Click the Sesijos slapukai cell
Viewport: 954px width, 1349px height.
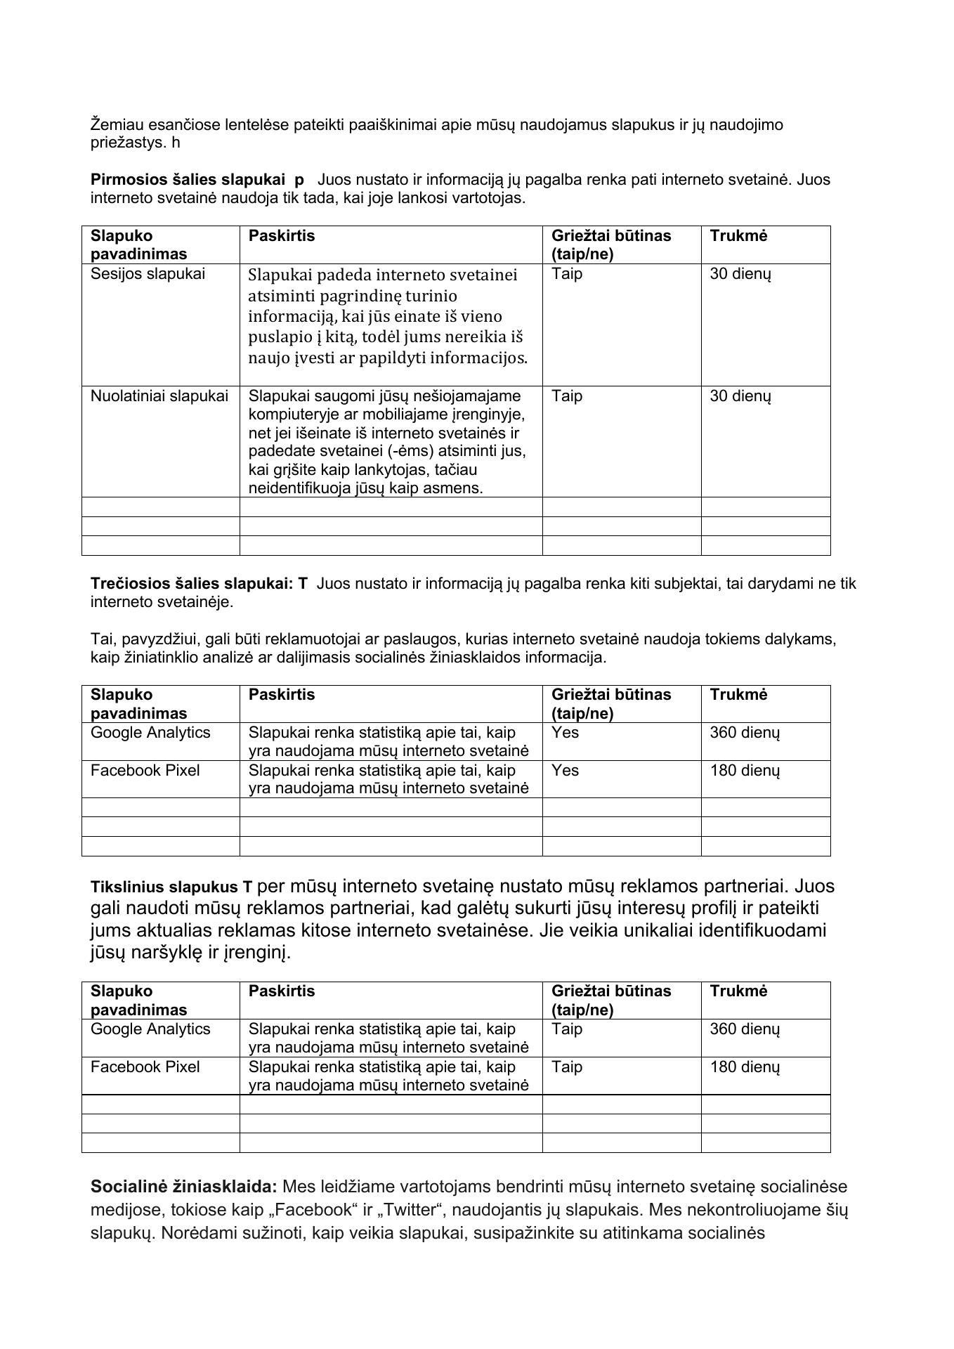pyautogui.click(x=148, y=274)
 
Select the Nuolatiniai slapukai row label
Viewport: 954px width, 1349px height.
pyautogui.click(x=159, y=396)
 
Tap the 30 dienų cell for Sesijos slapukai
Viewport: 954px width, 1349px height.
pyautogui.click(x=740, y=274)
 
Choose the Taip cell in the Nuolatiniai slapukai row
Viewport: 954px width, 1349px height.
pyautogui.click(x=567, y=396)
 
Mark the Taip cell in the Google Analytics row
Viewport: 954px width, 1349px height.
pyautogui.click(x=567, y=1029)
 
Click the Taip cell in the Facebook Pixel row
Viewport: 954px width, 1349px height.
pyautogui.click(x=567, y=1067)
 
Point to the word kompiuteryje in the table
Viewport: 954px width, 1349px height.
pyautogui.click(x=292, y=415)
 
